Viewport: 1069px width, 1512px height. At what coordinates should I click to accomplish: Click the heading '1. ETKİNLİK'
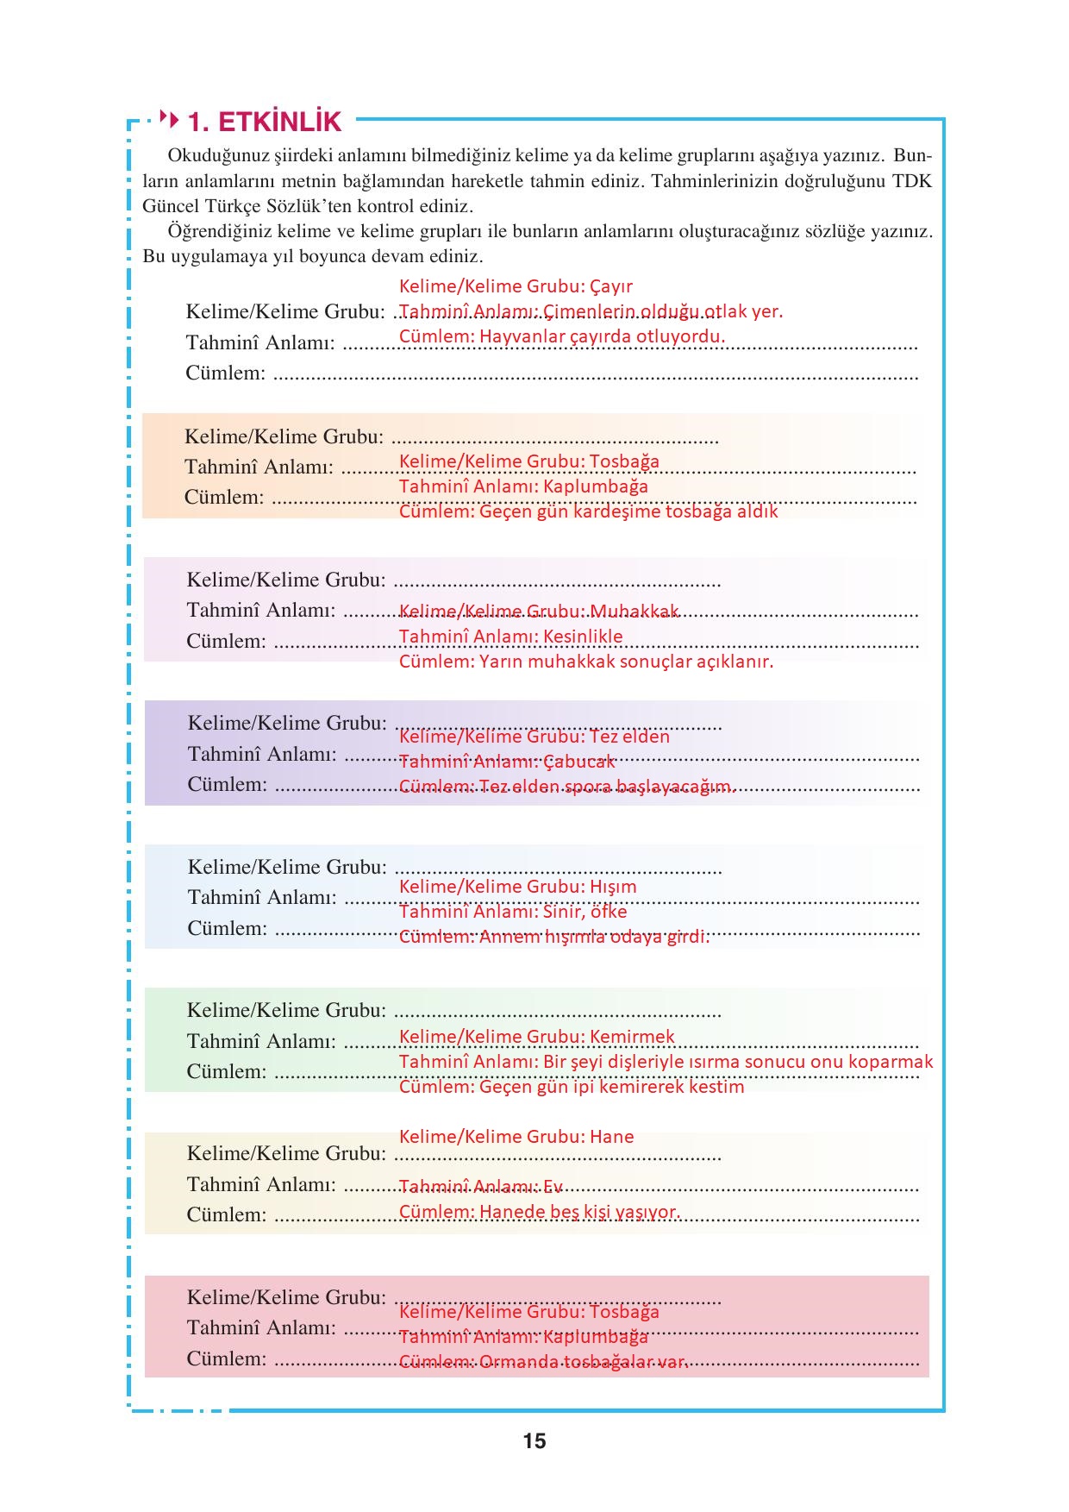click(265, 122)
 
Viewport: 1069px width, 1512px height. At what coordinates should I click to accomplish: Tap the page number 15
click(534, 1440)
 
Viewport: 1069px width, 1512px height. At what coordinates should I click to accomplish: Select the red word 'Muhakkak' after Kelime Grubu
click(635, 612)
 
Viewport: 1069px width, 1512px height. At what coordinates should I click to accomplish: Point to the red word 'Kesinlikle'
click(583, 637)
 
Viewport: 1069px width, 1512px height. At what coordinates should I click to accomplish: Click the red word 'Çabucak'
click(579, 762)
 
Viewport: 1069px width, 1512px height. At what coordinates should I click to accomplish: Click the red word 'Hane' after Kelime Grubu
click(611, 1137)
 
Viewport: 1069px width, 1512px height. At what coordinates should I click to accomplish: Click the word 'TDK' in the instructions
click(912, 182)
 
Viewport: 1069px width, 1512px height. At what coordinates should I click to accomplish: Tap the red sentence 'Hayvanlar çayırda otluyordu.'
click(602, 336)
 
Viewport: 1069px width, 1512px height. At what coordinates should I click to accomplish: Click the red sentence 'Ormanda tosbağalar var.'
click(584, 1362)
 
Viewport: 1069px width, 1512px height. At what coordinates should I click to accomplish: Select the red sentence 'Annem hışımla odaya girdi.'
click(594, 938)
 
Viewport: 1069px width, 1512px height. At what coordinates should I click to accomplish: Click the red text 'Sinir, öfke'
click(585, 912)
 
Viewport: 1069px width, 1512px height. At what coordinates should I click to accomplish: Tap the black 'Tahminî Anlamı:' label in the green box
click(261, 1041)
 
